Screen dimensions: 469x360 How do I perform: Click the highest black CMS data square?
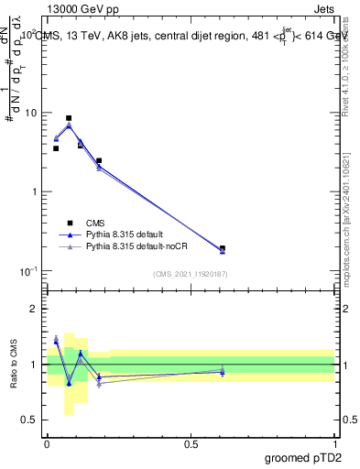click(x=69, y=118)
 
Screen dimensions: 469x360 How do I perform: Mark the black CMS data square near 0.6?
click(x=223, y=248)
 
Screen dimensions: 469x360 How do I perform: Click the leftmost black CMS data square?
click(x=56, y=148)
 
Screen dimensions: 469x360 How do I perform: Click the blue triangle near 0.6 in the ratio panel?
click(x=223, y=373)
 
